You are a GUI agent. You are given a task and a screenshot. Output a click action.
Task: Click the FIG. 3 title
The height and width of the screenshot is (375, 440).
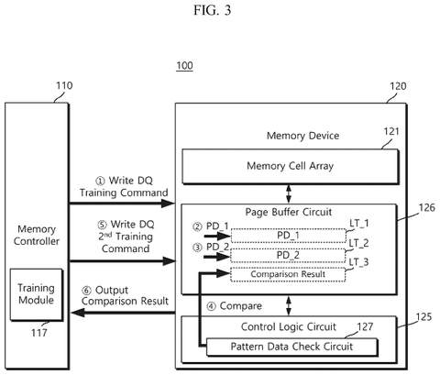(x=212, y=10)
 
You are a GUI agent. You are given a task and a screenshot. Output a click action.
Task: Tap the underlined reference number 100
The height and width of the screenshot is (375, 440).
(x=184, y=66)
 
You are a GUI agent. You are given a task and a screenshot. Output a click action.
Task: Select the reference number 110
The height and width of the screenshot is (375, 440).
(x=64, y=85)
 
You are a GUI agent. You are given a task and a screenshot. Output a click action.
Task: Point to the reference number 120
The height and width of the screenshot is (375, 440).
(x=398, y=86)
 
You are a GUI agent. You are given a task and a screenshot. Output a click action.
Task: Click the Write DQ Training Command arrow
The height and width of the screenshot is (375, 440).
(x=122, y=204)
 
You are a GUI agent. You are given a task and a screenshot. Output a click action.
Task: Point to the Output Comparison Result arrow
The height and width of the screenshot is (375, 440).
(x=124, y=313)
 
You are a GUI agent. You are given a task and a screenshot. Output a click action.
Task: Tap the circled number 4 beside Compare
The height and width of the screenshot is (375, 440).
(x=211, y=306)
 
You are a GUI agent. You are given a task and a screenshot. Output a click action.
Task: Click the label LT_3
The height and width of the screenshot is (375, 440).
(x=358, y=262)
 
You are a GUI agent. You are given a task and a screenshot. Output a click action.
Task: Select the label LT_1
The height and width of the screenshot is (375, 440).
(x=359, y=224)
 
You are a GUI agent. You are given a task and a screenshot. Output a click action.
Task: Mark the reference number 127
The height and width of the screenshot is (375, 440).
(x=365, y=326)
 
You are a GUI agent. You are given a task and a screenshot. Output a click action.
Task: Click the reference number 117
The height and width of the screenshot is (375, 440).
(x=39, y=333)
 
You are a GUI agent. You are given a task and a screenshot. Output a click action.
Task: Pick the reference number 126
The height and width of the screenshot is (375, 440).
(x=426, y=208)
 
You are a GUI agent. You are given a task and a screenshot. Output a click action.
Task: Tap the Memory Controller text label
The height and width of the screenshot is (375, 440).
(x=37, y=235)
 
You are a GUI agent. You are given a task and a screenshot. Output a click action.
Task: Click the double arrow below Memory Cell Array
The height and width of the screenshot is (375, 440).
(x=289, y=193)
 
